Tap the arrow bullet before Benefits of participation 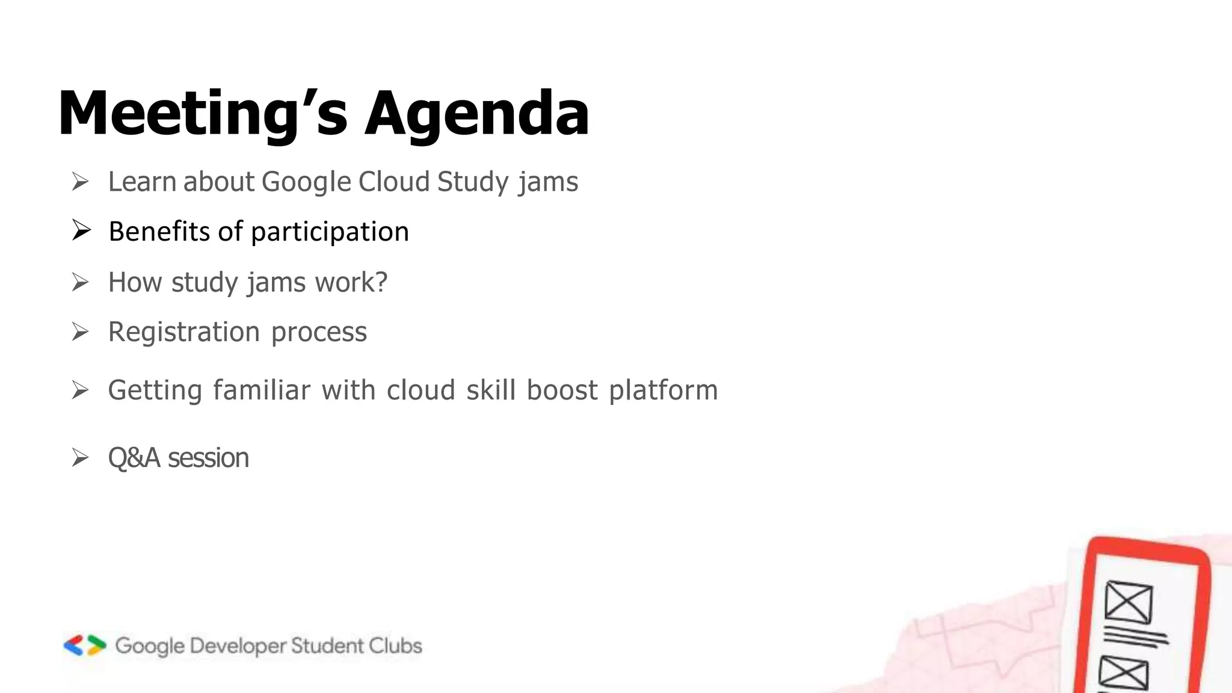[x=81, y=230]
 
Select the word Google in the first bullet [x=306, y=182]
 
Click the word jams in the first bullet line [x=548, y=182]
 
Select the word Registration [x=183, y=332]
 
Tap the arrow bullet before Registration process [x=80, y=331]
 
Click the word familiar [x=262, y=390]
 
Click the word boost [x=562, y=390]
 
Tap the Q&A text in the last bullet [x=134, y=458]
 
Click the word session [x=208, y=458]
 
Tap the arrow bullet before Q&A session [x=80, y=458]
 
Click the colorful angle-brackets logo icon [x=85, y=645]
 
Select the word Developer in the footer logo [x=238, y=646]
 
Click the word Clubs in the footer [x=395, y=645]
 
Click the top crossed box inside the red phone [x=1129, y=602]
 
